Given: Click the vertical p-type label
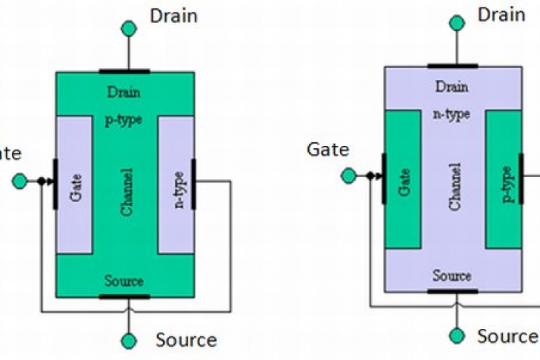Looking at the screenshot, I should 507,185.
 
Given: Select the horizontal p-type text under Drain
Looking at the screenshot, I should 124,119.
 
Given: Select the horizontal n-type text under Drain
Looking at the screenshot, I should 451,114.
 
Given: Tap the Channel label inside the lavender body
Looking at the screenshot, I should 454,186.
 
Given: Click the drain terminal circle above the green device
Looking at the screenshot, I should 129,28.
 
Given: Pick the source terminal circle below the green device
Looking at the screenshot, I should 129,341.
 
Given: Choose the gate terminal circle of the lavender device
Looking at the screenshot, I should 348,176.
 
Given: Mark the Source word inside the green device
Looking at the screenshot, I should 124,281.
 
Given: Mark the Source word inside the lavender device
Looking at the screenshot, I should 452,276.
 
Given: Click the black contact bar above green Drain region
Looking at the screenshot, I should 124,72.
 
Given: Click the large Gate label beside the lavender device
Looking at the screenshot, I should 327,150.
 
